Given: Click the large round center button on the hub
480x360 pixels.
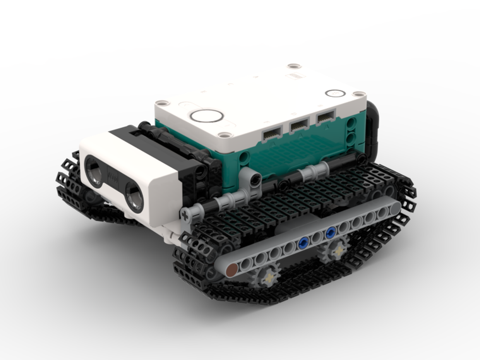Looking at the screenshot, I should click(x=207, y=115).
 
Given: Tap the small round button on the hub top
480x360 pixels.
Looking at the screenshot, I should click(x=335, y=93).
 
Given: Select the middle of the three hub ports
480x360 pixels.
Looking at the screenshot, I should click(x=300, y=126).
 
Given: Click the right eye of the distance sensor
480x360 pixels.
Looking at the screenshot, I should click(x=134, y=197).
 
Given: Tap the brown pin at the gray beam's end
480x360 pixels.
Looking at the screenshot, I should click(x=232, y=270).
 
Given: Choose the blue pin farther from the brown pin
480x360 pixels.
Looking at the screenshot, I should click(x=331, y=234).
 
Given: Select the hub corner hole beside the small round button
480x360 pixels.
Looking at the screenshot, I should click(x=357, y=94).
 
